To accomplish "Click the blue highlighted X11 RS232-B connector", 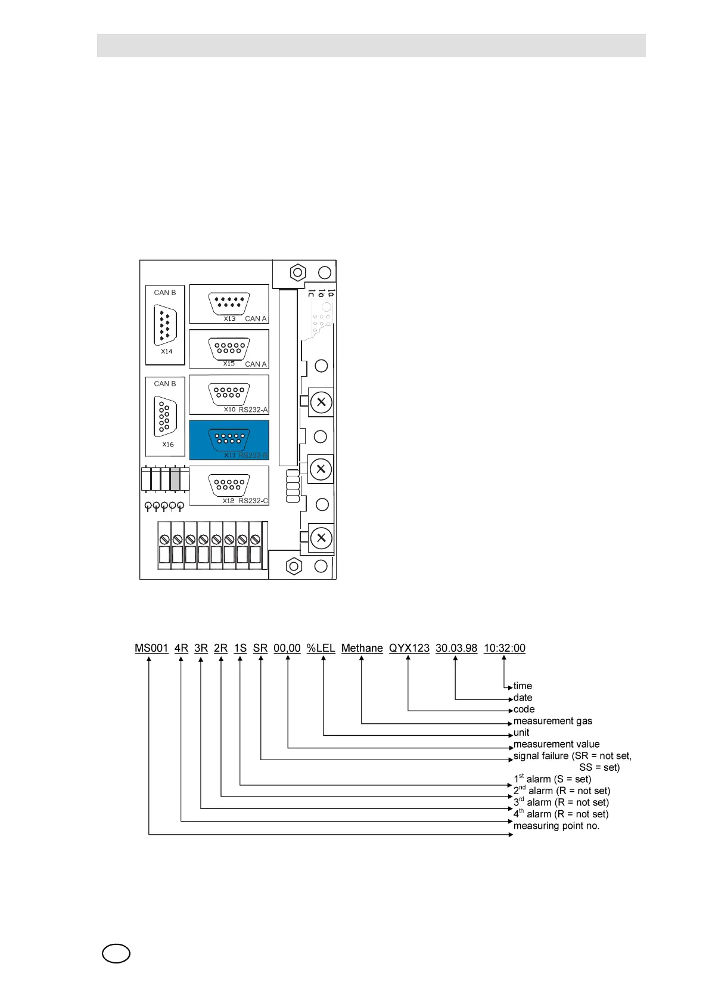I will [229, 439].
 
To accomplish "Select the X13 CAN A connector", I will [229, 303].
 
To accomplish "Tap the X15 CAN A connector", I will [229, 348].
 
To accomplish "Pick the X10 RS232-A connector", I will [229, 394].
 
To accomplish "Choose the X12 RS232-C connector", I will [229, 485].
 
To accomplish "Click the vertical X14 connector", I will [165, 325].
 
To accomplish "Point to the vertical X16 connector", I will [165, 416].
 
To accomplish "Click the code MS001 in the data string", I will [151, 648].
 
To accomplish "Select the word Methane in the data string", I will [362, 648].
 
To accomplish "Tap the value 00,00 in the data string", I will [287, 648].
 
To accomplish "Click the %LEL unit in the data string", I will [321, 648].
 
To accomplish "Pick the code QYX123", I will [409, 648].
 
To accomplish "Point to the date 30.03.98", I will [456, 648].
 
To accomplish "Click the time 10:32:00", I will [504, 648].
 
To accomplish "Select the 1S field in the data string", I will [240, 648].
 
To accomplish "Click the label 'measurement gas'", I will [552, 721].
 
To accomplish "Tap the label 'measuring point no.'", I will [556, 826].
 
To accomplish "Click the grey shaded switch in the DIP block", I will [175, 479].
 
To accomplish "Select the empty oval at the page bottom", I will [116, 953].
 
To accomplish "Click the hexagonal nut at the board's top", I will [297, 273].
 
